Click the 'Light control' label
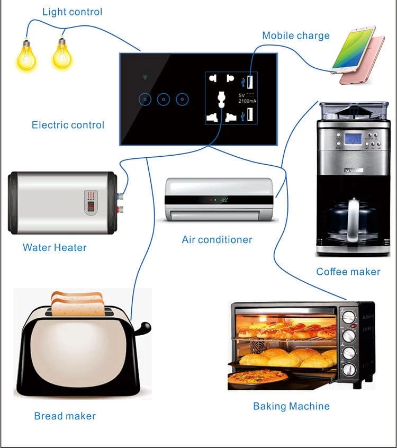tap(72, 12)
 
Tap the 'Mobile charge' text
tap(296, 36)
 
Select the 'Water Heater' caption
tap(55, 247)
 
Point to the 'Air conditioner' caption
tap(217, 239)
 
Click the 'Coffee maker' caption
tap(348, 272)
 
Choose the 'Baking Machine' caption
tap(291, 406)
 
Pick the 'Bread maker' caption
tap(65, 416)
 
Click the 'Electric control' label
tap(68, 125)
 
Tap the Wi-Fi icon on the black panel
tap(145, 78)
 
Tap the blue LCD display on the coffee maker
tap(353, 139)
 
